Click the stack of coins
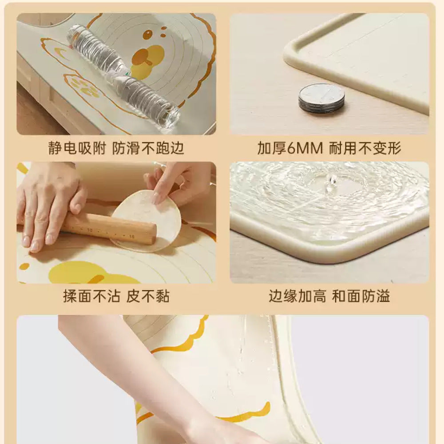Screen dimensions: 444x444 [x=321, y=98]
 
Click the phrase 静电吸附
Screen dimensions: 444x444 [x=77, y=148]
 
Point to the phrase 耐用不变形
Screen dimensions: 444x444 [x=365, y=148]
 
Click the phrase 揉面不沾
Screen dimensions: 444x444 [x=91, y=296]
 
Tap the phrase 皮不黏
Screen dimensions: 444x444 [x=148, y=296]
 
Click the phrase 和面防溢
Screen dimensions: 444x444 [x=361, y=296]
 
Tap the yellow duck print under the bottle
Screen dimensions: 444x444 [x=147, y=60]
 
